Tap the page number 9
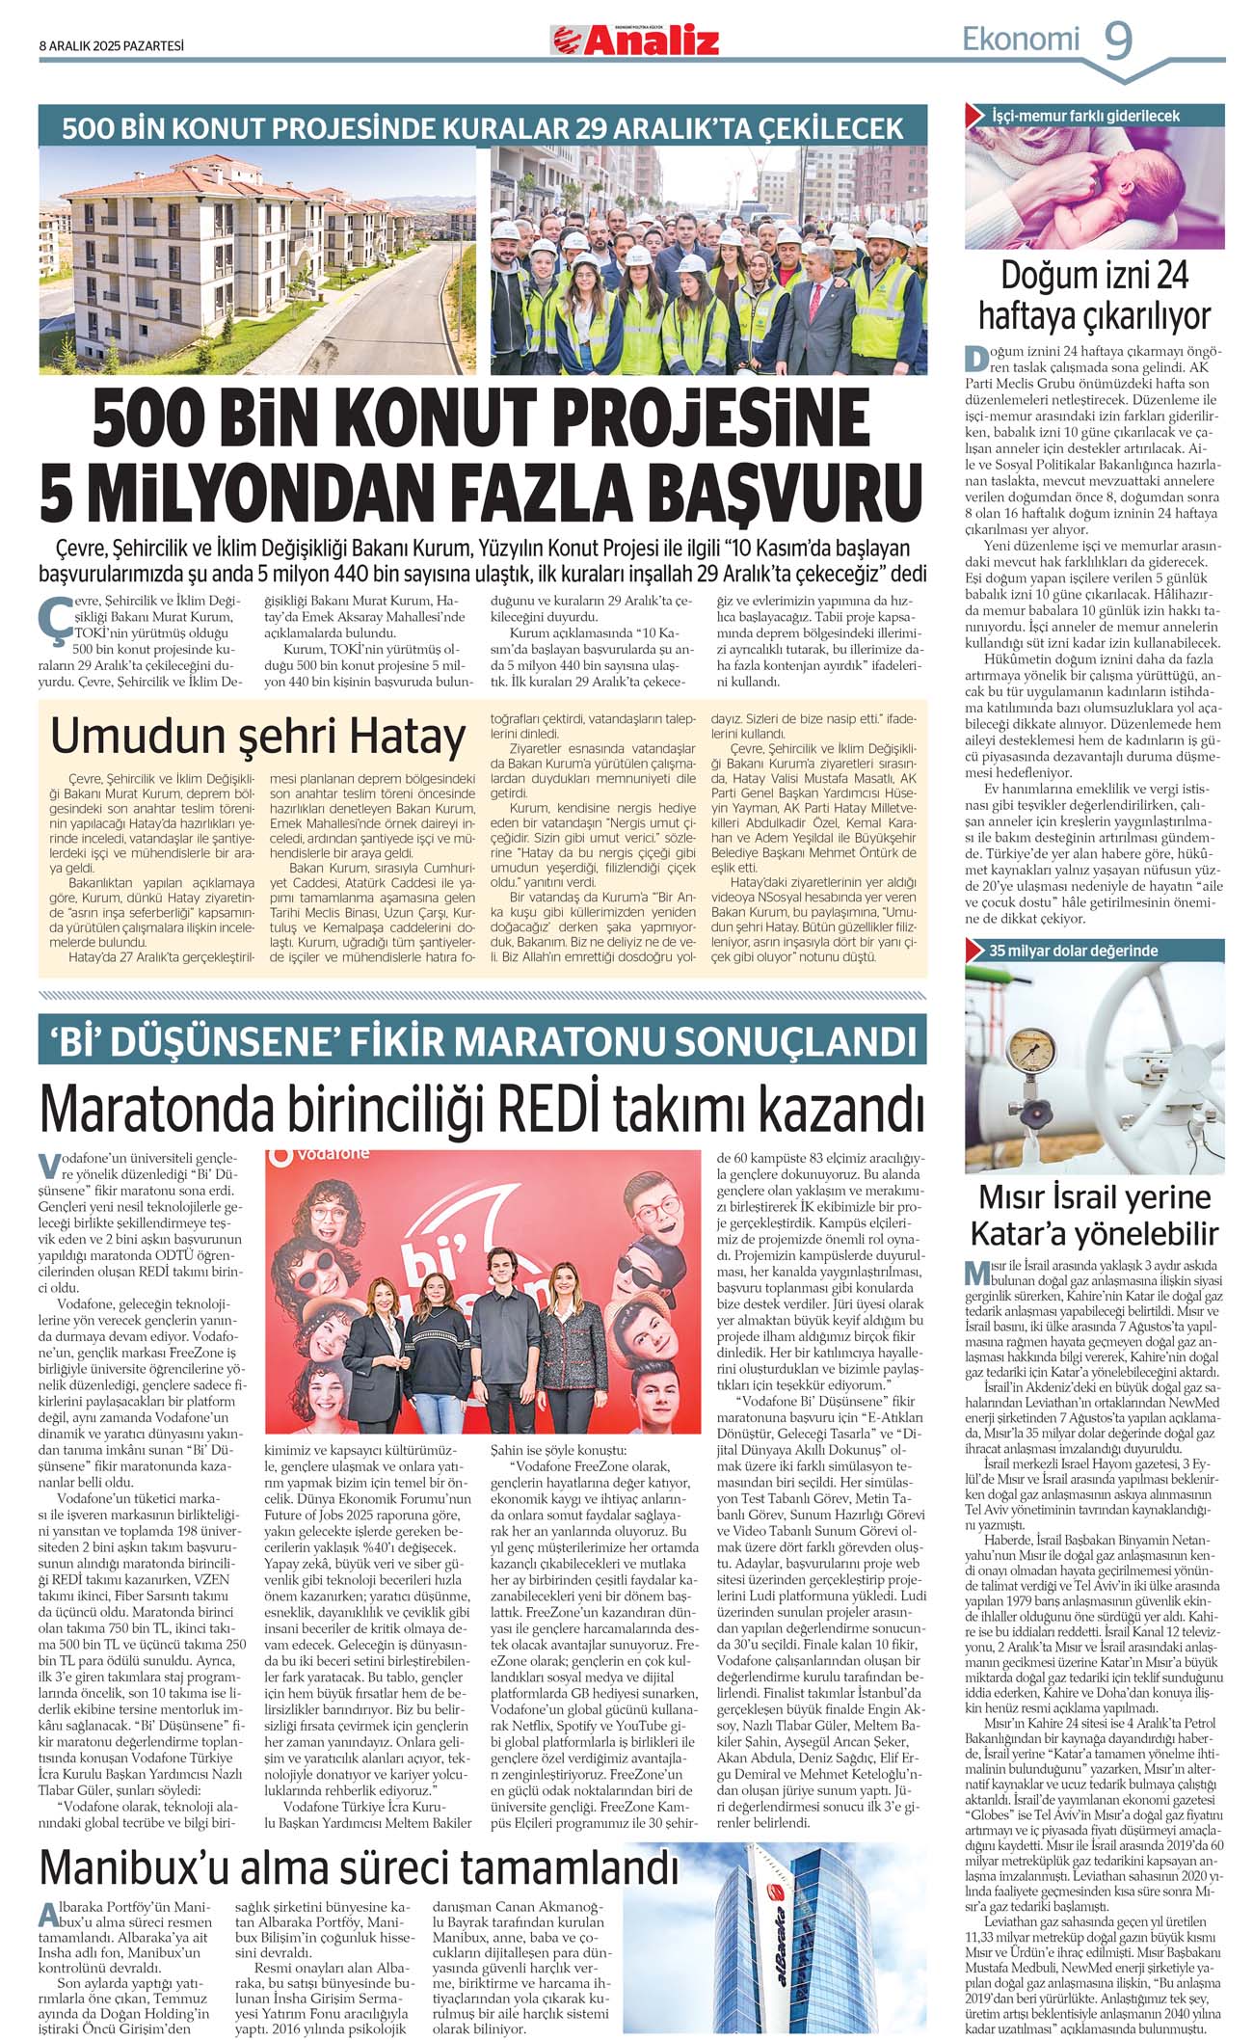tap(1117, 40)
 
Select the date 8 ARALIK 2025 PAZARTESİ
tap(112, 45)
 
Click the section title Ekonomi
tap(1021, 40)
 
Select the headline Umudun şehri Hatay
tap(258, 736)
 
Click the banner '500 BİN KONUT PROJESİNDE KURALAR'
tap(483, 126)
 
